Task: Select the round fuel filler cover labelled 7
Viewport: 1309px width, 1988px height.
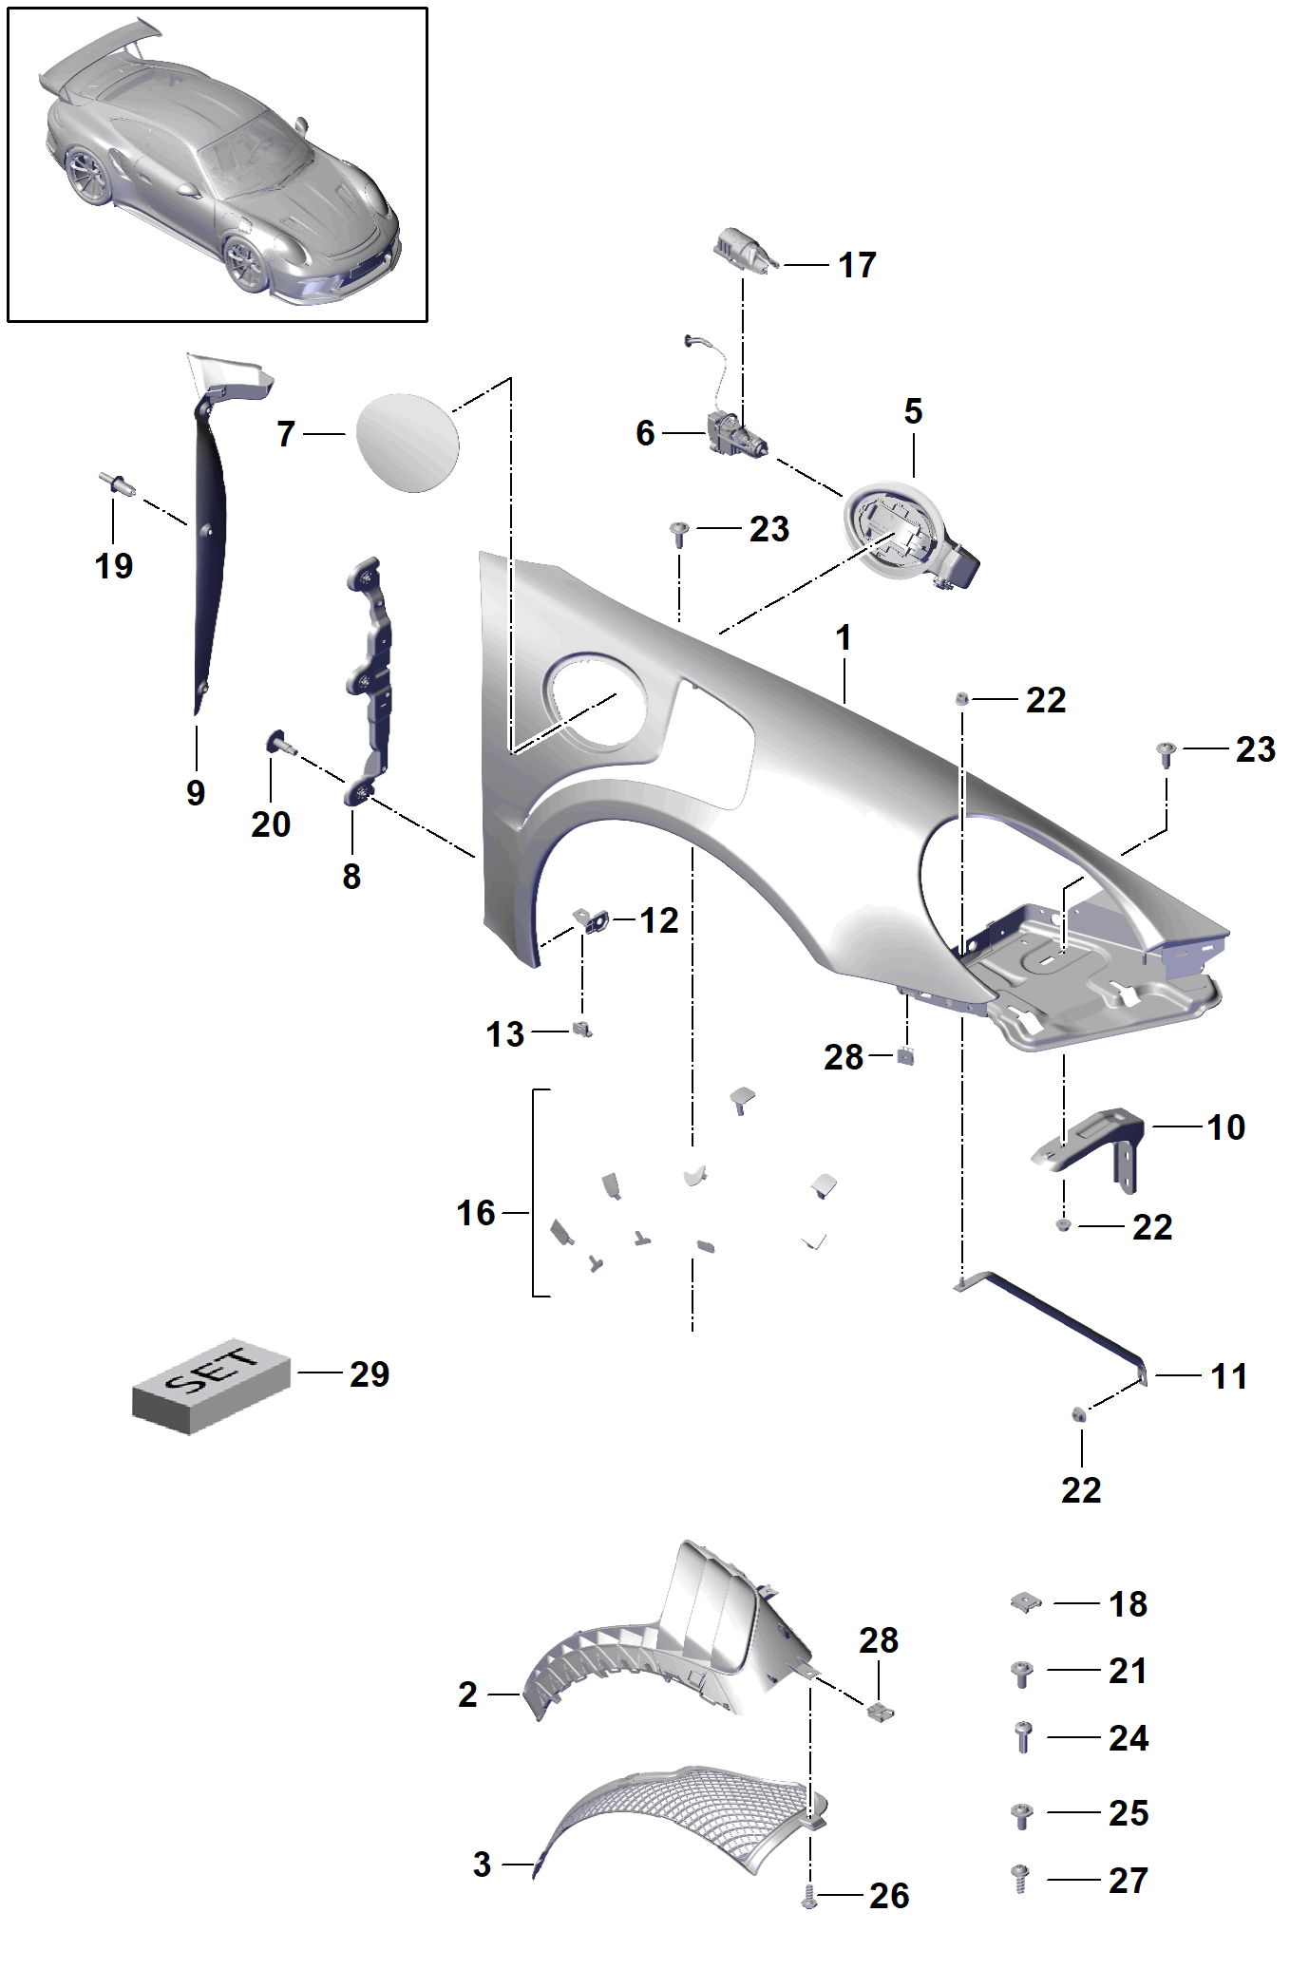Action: click(408, 443)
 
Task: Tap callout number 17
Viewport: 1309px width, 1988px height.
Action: click(857, 265)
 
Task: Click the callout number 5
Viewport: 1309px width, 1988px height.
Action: click(913, 411)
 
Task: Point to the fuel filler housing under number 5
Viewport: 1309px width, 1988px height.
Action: click(909, 535)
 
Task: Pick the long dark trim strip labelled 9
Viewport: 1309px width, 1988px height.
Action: click(211, 551)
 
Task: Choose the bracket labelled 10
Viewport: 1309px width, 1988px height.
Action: click(1089, 1146)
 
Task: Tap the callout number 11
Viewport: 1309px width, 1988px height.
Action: click(1228, 1376)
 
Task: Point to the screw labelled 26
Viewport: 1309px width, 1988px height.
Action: click(809, 1897)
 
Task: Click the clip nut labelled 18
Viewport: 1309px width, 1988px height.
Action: click(1026, 1602)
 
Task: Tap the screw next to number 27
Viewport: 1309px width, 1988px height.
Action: click(1021, 1878)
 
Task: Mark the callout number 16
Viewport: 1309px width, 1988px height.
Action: click(476, 1213)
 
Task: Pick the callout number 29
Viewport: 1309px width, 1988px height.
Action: click(370, 1374)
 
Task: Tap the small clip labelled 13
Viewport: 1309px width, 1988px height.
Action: click(582, 1030)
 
